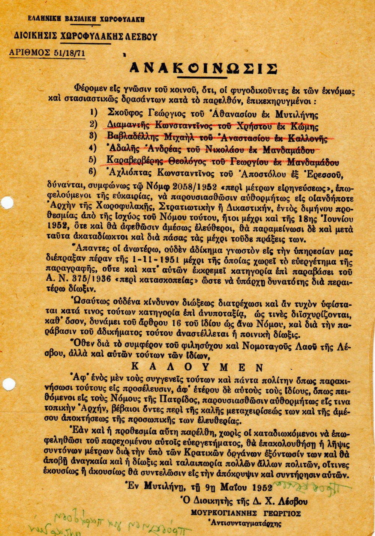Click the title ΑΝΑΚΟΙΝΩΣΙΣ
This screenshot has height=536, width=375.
click(203, 68)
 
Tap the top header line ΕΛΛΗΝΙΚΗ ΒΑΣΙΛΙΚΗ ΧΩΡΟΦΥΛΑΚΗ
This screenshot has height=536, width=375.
click(86, 20)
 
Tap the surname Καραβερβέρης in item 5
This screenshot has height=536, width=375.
click(135, 161)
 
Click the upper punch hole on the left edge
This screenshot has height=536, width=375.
click(7, 202)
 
